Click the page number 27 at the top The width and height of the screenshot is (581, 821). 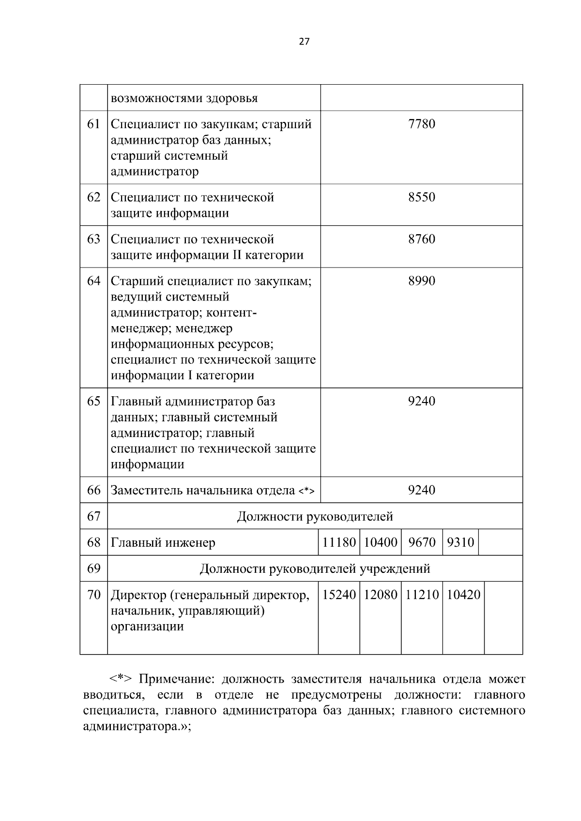304,42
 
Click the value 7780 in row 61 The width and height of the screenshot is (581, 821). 421,124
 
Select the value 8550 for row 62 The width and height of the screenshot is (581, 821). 421,197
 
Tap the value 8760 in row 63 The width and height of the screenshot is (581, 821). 421,239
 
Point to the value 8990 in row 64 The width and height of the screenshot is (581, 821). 421,281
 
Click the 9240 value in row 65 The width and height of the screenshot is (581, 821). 421,402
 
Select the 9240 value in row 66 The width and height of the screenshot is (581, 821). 421,491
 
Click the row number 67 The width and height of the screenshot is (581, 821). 93,517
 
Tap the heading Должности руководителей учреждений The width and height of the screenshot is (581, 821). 315,569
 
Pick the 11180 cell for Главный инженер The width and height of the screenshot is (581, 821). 339,543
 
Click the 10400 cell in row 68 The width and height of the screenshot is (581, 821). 380,543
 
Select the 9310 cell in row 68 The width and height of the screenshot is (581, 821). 460,543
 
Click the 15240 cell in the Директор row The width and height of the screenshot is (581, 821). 339,595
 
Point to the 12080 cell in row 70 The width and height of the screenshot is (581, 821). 380,595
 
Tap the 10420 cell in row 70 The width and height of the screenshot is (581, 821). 463,595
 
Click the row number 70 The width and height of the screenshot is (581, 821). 93,595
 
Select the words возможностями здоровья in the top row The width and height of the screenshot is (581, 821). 184,99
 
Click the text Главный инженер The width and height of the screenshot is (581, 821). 163,543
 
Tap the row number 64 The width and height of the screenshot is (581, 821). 93,281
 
